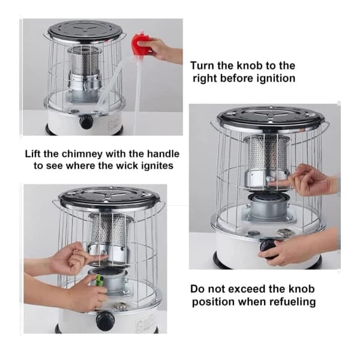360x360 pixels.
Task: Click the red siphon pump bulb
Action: point(140,43)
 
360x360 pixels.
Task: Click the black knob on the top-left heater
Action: point(86,122)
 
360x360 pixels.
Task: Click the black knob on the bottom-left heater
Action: point(105,320)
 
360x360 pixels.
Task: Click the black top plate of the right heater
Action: point(271,117)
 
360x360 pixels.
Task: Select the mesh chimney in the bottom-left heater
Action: point(111,229)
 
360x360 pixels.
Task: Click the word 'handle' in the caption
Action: point(163,154)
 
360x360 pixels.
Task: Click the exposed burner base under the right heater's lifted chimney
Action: point(268,205)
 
